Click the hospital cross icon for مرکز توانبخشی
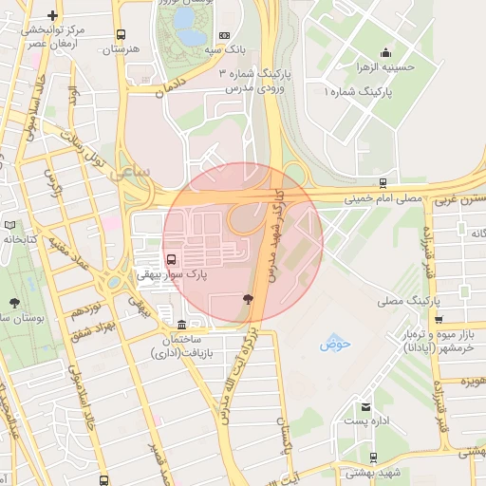[x=52, y=15]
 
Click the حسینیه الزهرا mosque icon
[x=385, y=53]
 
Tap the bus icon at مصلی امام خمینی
[x=383, y=183]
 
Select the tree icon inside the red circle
[x=248, y=299]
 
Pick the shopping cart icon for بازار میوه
[x=438, y=319]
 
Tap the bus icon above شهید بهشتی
[x=372, y=458]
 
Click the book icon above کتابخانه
[x=10, y=225]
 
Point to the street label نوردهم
[x=86, y=309]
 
